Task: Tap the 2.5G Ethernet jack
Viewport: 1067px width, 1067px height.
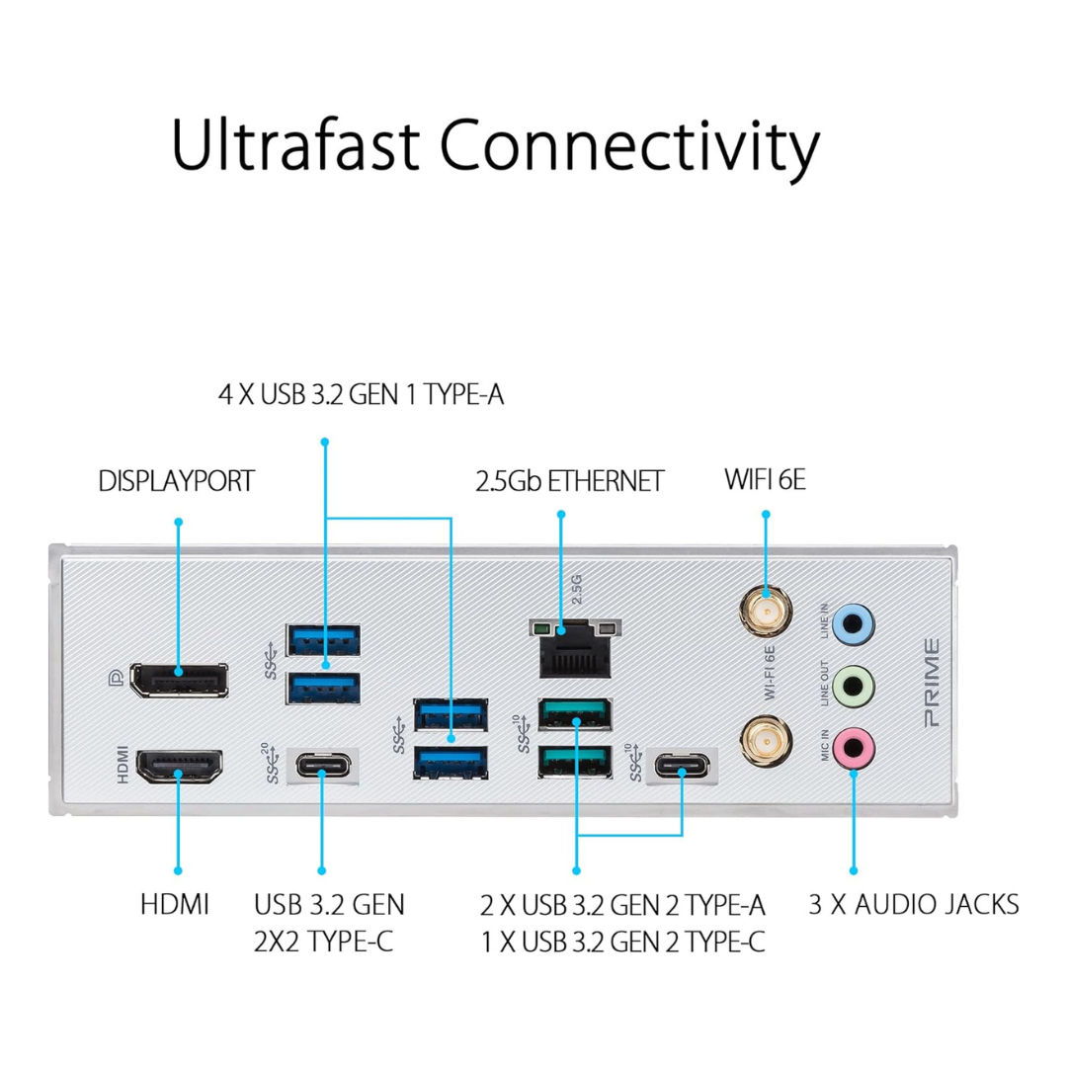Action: pos(574,651)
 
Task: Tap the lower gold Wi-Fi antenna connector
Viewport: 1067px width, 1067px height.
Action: pos(765,736)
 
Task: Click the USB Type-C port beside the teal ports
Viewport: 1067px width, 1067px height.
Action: pos(681,766)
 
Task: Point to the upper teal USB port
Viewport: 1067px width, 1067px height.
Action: pos(574,713)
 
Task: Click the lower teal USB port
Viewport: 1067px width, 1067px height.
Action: pos(574,762)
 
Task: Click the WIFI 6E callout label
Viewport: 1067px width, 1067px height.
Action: pos(766,482)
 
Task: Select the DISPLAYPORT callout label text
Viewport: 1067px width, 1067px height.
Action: pos(177,482)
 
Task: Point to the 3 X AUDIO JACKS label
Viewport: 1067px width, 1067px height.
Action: pos(914,903)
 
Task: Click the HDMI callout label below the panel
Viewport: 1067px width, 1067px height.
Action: pos(175,903)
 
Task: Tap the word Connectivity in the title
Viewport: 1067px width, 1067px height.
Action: pos(629,146)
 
